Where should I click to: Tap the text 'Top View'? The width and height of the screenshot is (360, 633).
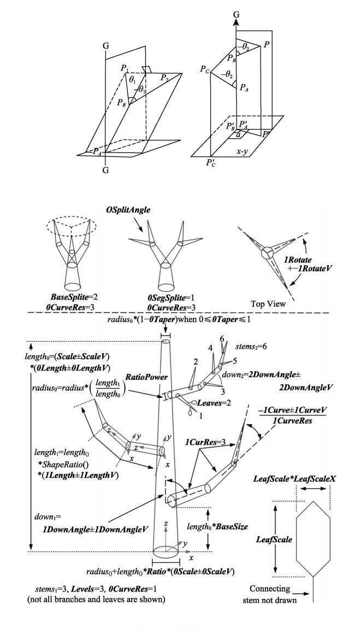coord(268,302)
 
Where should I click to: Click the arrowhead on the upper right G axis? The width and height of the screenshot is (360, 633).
coord(236,19)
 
